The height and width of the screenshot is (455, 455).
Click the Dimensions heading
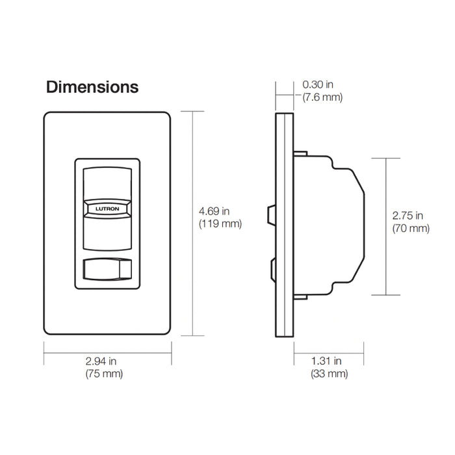click(x=92, y=87)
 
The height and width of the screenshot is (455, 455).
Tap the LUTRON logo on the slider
click(x=107, y=209)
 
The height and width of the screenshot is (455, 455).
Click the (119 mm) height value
click(x=220, y=224)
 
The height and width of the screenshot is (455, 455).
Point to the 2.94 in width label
click(x=103, y=361)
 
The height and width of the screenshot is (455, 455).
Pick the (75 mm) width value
click(x=103, y=374)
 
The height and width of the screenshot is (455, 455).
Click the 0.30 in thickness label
click(x=318, y=84)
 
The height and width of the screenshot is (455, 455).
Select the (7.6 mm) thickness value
click(x=322, y=97)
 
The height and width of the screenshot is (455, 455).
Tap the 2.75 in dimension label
click(x=408, y=215)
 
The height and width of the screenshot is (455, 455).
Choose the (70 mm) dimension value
click(x=411, y=228)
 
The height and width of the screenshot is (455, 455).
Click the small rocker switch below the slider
click(x=107, y=268)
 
